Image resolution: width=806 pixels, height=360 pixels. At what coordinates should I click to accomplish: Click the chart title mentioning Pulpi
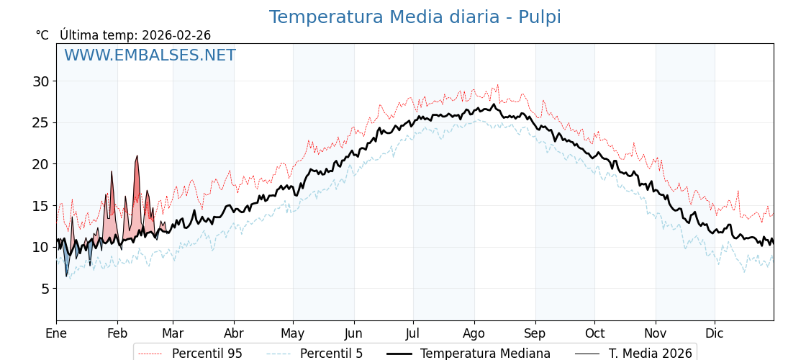(415, 17)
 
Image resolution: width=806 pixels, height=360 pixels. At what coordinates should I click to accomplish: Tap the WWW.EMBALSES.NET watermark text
(150, 55)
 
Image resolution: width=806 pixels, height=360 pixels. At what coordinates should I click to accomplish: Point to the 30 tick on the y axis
(40, 81)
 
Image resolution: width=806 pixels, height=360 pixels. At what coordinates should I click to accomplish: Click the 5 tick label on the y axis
(44, 289)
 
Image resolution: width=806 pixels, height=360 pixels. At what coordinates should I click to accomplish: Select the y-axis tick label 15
(40, 206)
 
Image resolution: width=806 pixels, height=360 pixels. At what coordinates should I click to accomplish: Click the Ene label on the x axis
(56, 333)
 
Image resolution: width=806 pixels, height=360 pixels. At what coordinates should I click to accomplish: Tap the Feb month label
(117, 333)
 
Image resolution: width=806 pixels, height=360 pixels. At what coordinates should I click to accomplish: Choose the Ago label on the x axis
(474, 333)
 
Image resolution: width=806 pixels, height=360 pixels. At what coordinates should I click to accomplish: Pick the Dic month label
(715, 333)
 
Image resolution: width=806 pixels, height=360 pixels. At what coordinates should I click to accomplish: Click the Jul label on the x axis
(413, 333)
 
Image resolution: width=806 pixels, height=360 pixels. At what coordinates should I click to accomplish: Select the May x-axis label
(293, 333)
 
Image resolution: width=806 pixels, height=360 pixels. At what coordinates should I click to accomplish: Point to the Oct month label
(594, 333)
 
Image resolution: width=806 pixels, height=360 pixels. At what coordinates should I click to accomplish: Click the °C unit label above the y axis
(42, 35)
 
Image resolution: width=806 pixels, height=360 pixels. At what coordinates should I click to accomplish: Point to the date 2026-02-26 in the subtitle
(176, 35)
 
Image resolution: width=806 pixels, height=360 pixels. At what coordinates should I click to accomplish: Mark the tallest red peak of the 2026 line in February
(137, 156)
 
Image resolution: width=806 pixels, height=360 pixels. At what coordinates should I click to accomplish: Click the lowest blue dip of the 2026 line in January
(66, 276)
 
